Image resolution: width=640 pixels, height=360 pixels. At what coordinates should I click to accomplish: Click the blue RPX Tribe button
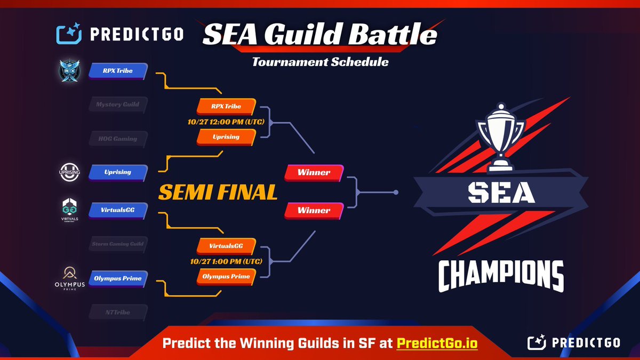[x=117, y=70]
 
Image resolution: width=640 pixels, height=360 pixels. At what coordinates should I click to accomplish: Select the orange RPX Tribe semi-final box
[x=226, y=106]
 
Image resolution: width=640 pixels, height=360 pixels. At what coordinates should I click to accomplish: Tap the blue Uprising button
[x=117, y=172]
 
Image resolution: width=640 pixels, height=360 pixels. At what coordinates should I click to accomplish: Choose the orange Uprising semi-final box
[x=226, y=137]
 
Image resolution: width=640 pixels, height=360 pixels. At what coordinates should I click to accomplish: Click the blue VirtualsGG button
[x=117, y=210]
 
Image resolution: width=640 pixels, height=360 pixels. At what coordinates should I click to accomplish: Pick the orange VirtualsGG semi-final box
[x=226, y=246]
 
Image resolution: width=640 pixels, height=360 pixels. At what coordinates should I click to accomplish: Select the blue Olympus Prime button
[x=117, y=278]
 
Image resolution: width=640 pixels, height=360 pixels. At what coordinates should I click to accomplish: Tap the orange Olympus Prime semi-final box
[x=226, y=276]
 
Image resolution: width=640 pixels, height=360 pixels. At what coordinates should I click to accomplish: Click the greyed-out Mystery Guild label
[x=117, y=105]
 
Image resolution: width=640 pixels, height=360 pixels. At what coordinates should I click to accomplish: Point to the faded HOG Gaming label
[x=117, y=139]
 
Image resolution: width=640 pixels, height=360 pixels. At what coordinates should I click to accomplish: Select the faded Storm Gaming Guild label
[x=117, y=244]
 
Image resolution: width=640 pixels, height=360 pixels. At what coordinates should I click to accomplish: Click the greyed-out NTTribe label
[x=117, y=312]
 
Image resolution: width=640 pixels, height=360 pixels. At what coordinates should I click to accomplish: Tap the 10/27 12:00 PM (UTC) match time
[x=226, y=122]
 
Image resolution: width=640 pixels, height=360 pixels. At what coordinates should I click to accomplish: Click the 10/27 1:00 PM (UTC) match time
[x=226, y=261]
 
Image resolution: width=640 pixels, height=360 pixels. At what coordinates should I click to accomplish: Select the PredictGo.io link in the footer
[x=437, y=344]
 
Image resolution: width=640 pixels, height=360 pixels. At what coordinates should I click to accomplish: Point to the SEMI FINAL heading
[x=218, y=192]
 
